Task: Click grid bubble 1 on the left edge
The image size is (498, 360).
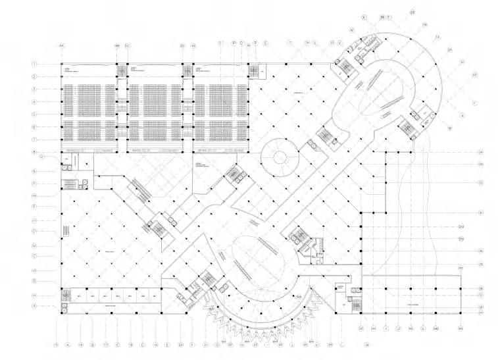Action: (x=35, y=64)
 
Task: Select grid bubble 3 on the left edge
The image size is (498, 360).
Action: (x=35, y=89)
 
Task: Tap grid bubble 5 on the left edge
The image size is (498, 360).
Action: (x=35, y=115)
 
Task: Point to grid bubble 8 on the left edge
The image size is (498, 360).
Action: (x=35, y=153)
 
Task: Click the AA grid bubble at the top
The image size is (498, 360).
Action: (x=62, y=45)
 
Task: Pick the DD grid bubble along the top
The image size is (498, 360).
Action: (x=182, y=45)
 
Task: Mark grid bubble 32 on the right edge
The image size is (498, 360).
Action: (x=481, y=182)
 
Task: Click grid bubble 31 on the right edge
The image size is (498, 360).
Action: (x=481, y=213)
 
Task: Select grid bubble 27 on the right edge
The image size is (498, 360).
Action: (x=481, y=313)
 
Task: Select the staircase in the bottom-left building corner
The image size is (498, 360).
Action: (x=66, y=295)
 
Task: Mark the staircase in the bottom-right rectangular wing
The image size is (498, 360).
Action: (x=355, y=304)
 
